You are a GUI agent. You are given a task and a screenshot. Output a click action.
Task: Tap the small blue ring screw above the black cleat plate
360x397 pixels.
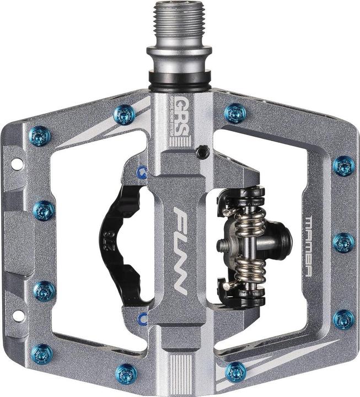pos(143,172)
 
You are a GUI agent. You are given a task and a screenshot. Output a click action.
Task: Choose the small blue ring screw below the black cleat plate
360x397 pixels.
pos(143,318)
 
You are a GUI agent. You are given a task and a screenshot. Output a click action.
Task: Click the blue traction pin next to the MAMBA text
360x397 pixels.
pos(343,242)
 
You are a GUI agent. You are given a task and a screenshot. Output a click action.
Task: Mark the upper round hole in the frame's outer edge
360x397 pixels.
pos(17,164)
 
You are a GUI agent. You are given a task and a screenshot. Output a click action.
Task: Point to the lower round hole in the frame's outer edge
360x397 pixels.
pos(17,316)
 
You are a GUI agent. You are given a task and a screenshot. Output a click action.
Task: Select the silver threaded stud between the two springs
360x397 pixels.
pos(227,243)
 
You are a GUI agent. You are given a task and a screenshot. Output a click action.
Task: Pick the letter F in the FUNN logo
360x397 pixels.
pos(182,217)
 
